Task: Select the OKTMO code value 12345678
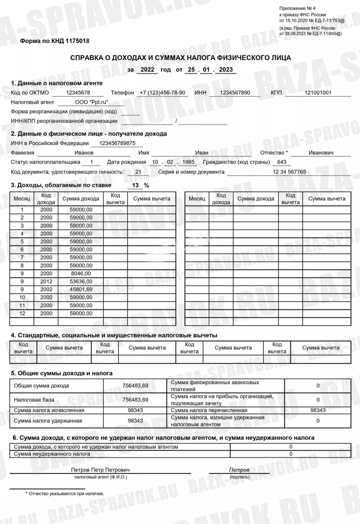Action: click(78, 93)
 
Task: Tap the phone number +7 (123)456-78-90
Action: click(162, 93)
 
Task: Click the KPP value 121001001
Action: click(318, 93)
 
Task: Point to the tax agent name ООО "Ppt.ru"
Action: click(92, 102)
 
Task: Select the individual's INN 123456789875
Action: click(117, 143)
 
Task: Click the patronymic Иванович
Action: click(321, 153)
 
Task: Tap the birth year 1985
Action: click(188, 162)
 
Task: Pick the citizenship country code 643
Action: click(281, 162)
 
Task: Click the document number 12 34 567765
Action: click(289, 172)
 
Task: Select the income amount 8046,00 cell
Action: click(81, 273)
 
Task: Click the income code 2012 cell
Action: click(46, 281)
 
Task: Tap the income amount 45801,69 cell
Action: click(81, 289)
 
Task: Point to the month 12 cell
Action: click(22, 313)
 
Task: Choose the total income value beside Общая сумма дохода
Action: click(135, 386)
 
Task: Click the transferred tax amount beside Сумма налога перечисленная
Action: click(318, 410)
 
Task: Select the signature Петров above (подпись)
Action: click(239, 470)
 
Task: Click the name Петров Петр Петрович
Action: click(100, 470)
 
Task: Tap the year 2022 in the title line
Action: click(147, 69)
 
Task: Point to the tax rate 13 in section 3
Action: click(135, 185)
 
